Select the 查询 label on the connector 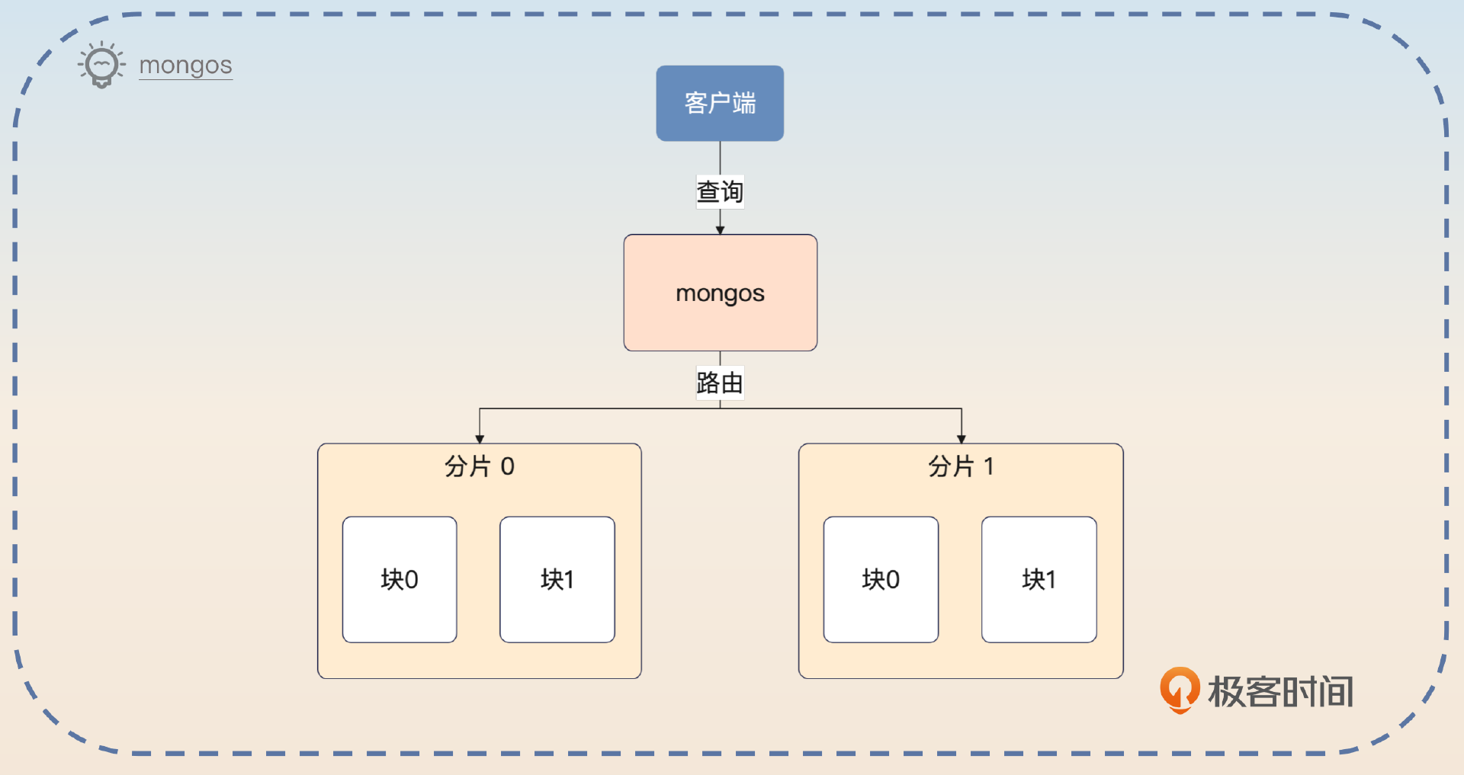(720, 192)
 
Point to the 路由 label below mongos (720, 383)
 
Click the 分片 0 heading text (479, 466)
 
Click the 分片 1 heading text (960, 466)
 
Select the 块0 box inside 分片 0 (400, 579)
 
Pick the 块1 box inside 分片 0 (557, 579)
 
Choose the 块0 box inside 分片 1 (881, 579)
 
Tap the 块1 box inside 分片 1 (1039, 579)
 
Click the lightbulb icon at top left (101, 66)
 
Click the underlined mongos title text (185, 66)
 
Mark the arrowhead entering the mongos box (720, 229)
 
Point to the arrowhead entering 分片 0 (480, 439)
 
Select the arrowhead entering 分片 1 (962, 439)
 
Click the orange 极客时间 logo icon (1180, 690)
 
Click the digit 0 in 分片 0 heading (507, 466)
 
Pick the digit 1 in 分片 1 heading (989, 466)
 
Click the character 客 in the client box (695, 103)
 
